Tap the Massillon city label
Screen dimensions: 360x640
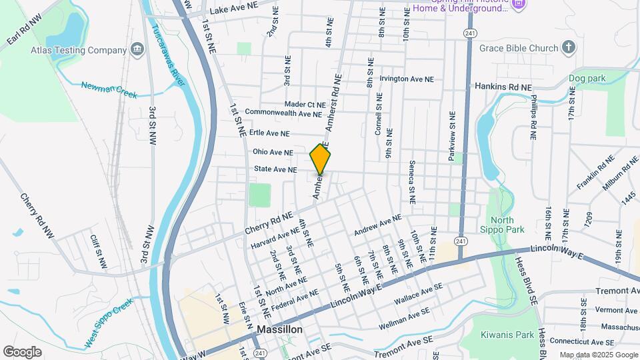[280, 329]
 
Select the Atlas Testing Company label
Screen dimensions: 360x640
[79, 50]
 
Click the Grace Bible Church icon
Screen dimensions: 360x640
[568, 47]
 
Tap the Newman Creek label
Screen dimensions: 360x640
[109, 89]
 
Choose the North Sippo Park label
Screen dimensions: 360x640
[507, 225]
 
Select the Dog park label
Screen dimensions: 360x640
[587, 78]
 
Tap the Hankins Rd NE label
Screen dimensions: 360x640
[503, 87]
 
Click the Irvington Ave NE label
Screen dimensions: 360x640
[407, 79]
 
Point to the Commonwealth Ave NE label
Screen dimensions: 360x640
[284, 113]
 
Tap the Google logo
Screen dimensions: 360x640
[22, 351]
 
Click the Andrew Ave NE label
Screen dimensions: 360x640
[378, 225]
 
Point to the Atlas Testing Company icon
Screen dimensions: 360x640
[137, 49]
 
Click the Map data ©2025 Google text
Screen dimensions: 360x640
[598, 355]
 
